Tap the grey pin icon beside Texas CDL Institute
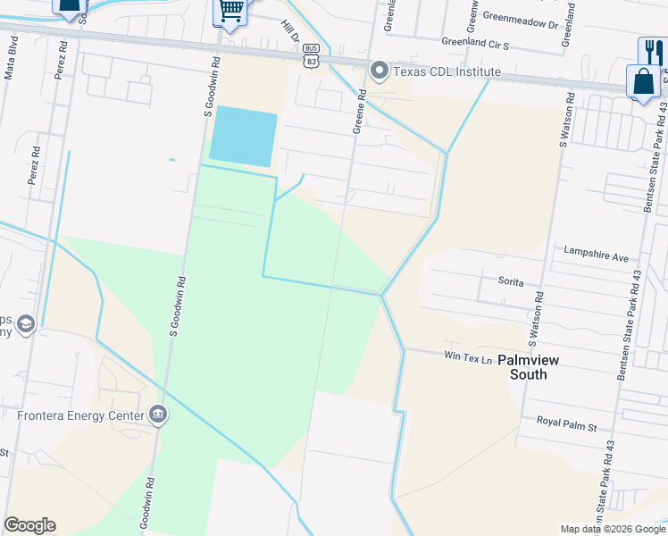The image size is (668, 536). (x=379, y=71)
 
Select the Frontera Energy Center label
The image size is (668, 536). (x=80, y=415)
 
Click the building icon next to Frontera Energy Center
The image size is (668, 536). (x=158, y=415)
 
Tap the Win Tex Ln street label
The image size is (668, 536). (x=469, y=358)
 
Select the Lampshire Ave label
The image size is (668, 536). (x=597, y=255)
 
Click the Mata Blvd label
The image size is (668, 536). (x=11, y=66)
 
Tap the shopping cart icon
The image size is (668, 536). (x=231, y=11)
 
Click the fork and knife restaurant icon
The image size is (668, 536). (x=652, y=51)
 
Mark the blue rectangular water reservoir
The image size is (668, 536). (x=242, y=136)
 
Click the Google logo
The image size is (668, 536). (x=29, y=525)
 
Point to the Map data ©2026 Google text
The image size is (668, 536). (x=613, y=529)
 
